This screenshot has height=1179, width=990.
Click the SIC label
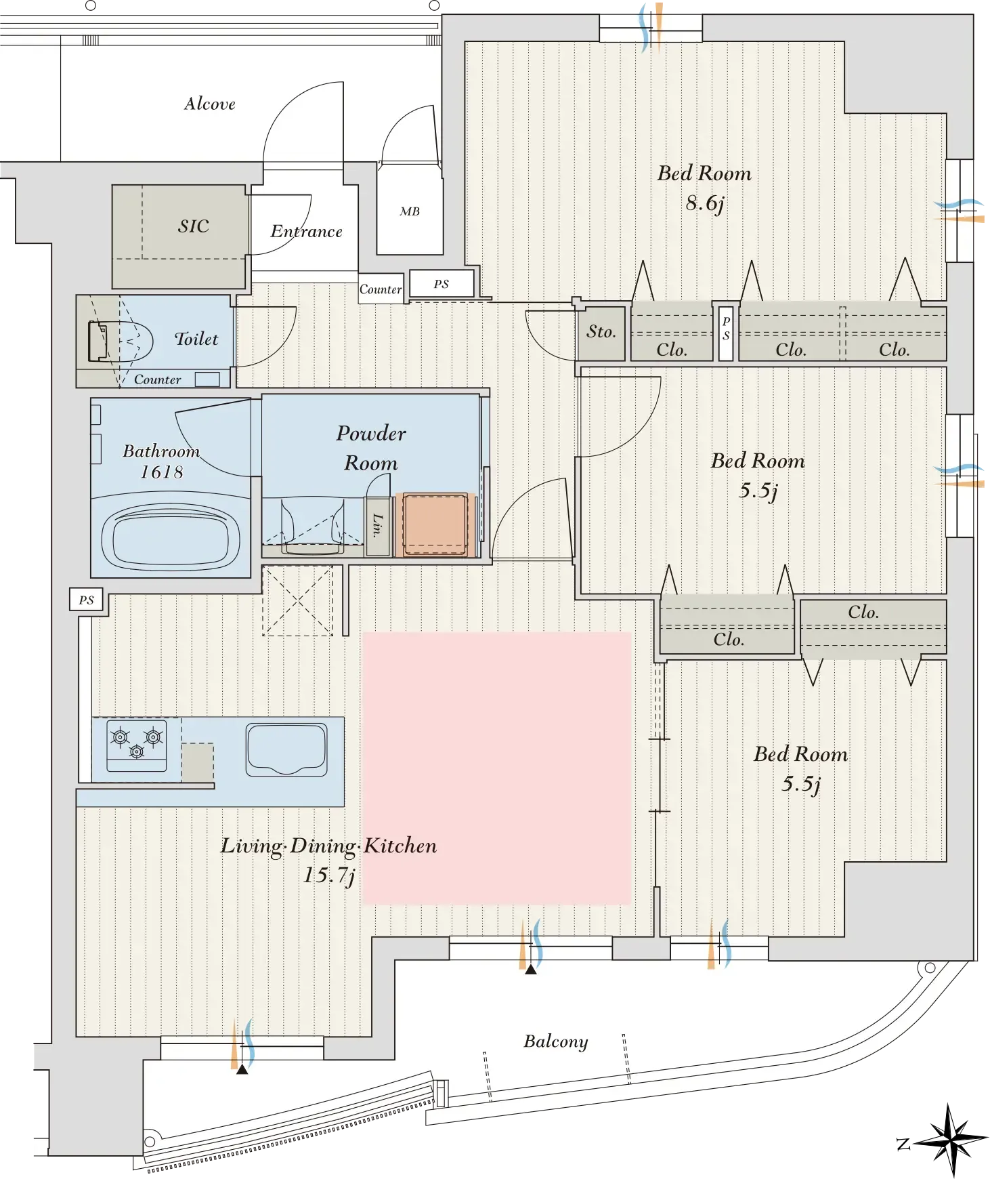194,226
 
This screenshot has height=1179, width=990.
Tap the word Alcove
210,104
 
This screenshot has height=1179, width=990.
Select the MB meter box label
410,211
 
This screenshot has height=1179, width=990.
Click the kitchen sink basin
286,749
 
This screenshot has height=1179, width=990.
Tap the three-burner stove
137,745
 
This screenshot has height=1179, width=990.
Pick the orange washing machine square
435,524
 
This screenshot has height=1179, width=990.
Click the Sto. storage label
601,331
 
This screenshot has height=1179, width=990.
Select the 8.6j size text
705,203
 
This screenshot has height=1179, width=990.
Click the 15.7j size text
329,875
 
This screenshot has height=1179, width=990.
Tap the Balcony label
556,1041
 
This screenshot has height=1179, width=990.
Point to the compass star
950,1140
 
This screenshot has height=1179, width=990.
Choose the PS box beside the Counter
442,284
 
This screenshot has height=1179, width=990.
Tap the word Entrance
307,232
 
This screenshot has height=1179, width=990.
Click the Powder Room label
371,448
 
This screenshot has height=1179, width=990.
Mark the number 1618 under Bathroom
162,472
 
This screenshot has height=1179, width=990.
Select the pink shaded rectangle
497,768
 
